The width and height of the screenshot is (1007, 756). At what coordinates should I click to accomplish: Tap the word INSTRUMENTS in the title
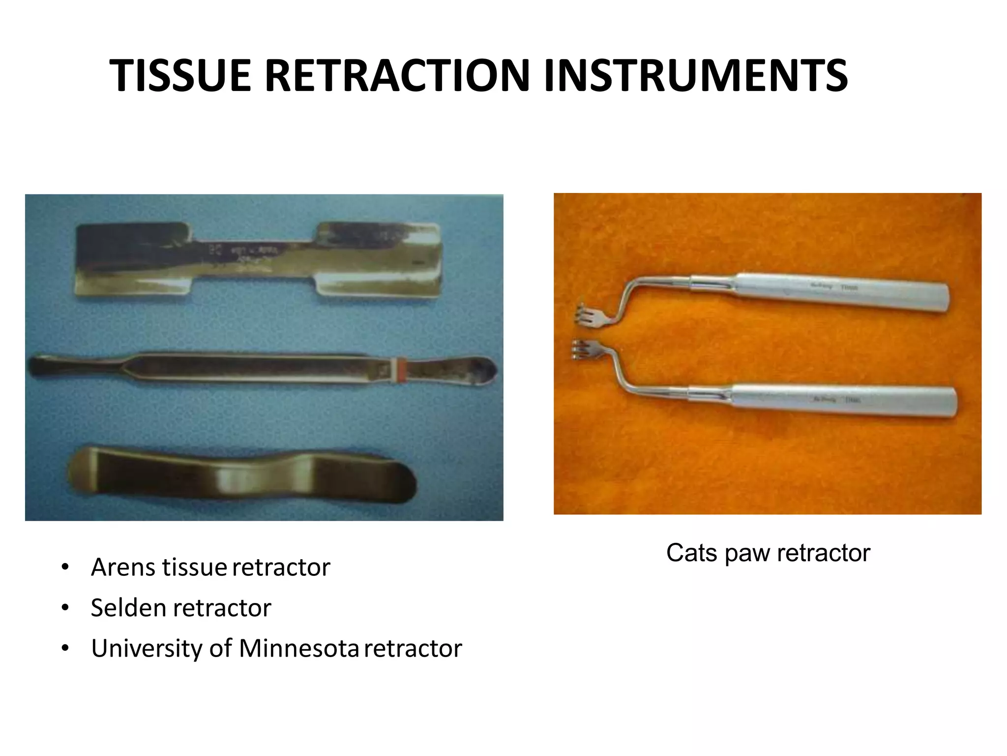click(x=696, y=76)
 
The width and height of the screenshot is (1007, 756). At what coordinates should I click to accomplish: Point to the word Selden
click(x=129, y=608)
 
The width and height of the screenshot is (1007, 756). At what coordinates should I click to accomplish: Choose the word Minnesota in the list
click(x=299, y=648)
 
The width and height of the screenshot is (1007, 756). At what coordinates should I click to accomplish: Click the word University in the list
click(x=147, y=649)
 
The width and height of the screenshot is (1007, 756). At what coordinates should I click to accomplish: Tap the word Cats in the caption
click(x=692, y=553)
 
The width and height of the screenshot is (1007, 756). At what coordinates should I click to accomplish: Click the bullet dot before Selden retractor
click(x=65, y=608)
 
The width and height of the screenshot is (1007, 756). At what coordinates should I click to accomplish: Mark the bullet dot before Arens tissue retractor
click(x=65, y=567)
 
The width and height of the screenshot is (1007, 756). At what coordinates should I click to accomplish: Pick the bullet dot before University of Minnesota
click(x=65, y=649)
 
